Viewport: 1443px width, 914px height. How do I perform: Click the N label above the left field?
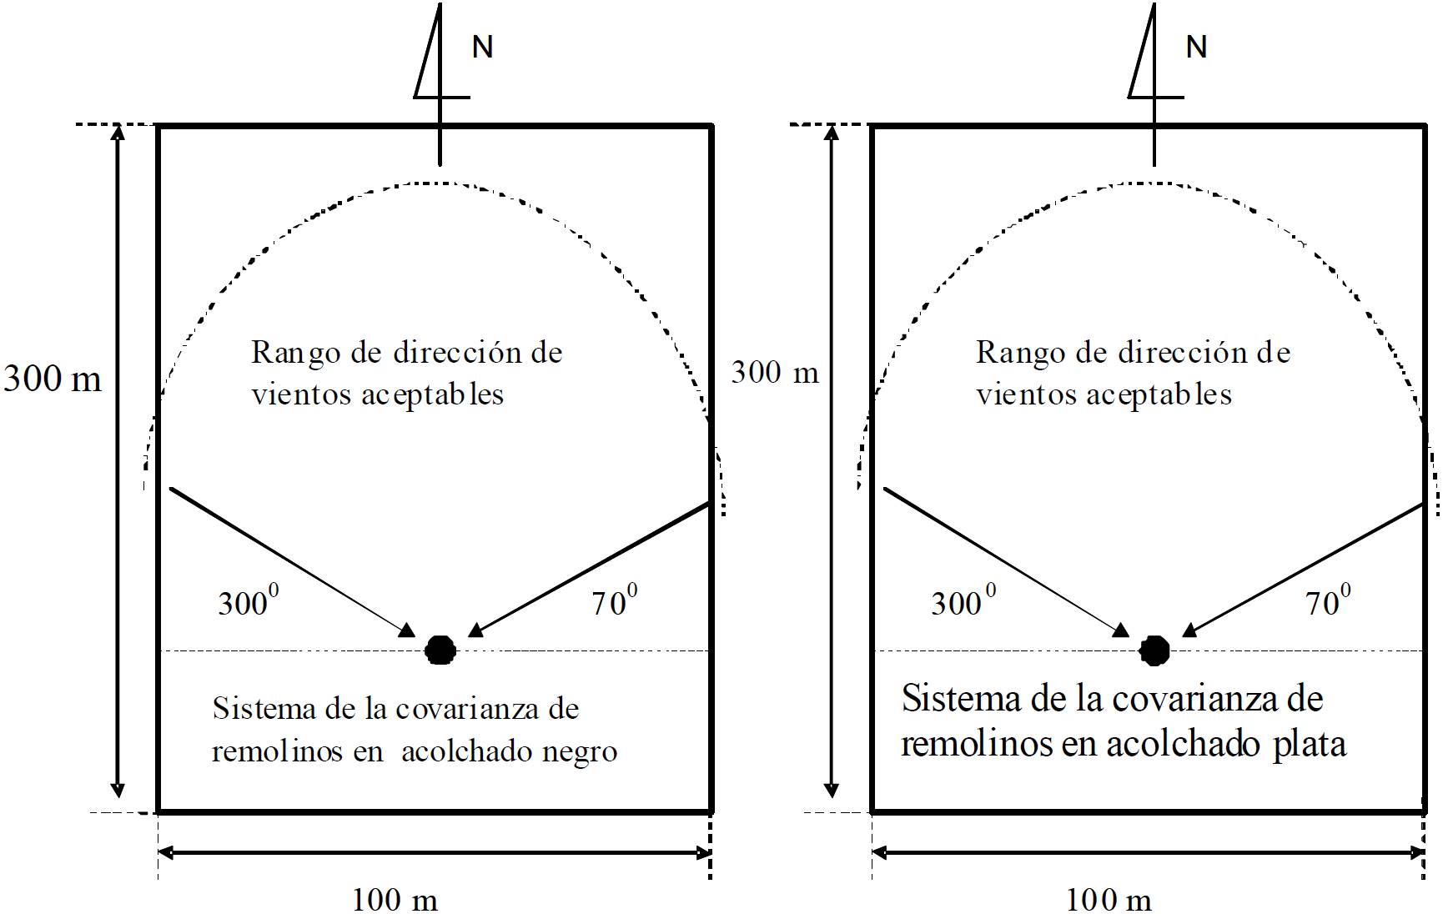(x=482, y=47)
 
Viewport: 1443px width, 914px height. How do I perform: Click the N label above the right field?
(x=1196, y=47)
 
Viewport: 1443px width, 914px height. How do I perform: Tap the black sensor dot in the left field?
(x=440, y=650)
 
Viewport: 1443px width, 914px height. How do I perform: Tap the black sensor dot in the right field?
(x=1154, y=650)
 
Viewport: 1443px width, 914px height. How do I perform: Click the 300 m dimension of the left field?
(x=53, y=379)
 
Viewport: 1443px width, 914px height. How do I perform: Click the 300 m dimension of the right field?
(x=775, y=372)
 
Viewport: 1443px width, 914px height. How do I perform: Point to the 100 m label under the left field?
(x=395, y=900)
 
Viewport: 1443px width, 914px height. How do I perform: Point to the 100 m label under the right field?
(x=1109, y=900)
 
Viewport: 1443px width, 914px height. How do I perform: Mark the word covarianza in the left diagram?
(x=468, y=709)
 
